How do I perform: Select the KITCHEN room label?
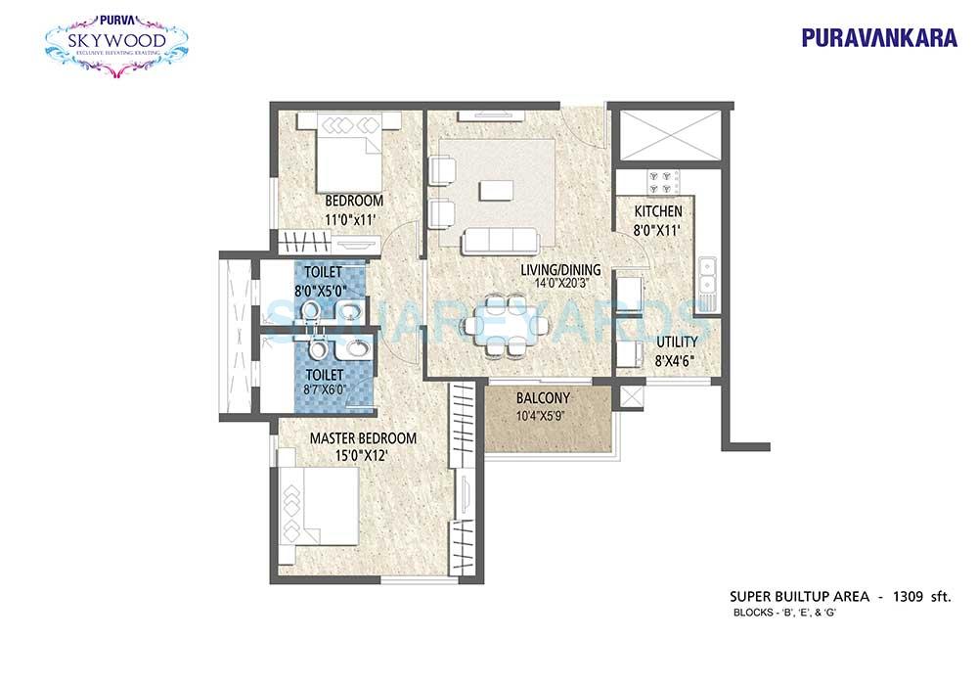(658, 212)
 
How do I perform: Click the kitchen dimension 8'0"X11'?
(658, 230)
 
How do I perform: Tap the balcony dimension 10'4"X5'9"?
(549, 417)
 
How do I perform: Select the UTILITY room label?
(677, 342)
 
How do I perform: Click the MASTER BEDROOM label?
(363, 438)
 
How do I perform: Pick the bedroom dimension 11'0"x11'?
(338, 220)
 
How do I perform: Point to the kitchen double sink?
(707, 277)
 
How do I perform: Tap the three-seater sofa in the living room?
(500, 240)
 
